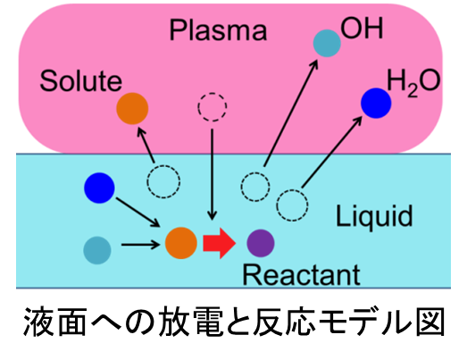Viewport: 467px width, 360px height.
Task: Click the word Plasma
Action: (218, 30)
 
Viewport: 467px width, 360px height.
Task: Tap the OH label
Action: (362, 29)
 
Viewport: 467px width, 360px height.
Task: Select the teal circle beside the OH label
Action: (327, 43)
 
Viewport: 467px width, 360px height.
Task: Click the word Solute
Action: (80, 80)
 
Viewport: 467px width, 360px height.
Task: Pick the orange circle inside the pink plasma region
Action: (132, 108)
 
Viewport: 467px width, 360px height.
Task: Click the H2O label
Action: (413, 81)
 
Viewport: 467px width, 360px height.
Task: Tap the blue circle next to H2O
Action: (376, 103)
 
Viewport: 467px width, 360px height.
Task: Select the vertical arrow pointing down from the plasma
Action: (212, 174)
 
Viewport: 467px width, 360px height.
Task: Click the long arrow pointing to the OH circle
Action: (291, 113)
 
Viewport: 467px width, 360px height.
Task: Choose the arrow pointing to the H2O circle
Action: (332, 152)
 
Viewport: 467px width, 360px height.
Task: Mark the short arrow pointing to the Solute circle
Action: (146, 145)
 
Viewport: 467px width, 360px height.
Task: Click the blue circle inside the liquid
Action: (99, 188)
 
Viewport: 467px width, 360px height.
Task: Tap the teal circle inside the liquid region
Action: (97, 250)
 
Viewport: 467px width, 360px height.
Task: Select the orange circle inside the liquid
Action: (181, 243)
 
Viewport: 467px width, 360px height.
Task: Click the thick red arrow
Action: (220, 243)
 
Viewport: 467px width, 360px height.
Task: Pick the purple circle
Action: (261, 243)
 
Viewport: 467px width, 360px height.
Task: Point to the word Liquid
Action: (374, 217)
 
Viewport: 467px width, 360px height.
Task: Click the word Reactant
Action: (302, 275)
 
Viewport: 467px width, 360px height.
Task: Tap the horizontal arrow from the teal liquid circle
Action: (140, 245)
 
